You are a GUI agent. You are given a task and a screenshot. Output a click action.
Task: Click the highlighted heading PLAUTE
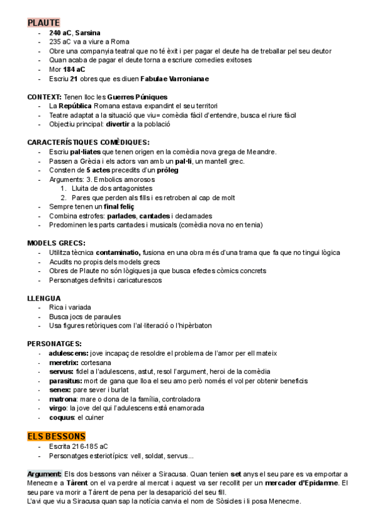pyautogui.click(x=44, y=22)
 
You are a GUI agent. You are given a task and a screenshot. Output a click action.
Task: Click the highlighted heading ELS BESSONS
pyautogui.click(x=56, y=436)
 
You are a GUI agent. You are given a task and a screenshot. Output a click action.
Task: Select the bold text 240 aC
pyautogui.click(x=61, y=32)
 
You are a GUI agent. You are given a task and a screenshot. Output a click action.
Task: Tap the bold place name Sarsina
pyautogui.click(x=88, y=32)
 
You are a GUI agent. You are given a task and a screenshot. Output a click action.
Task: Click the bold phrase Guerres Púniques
pyautogui.click(x=137, y=97)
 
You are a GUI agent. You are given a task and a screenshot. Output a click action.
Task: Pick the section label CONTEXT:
pyautogui.click(x=44, y=97)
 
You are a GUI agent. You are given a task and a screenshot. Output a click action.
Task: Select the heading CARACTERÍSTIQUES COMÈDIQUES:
pyautogui.click(x=88, y=142)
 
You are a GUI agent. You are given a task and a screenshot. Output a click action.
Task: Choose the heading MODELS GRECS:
pyautogui.click(x=57, y=242)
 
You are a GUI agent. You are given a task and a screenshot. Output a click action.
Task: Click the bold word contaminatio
pyautogui.click(x=123, y=252)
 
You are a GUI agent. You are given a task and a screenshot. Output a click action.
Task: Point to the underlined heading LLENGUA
pyautogui.click(x=44, y=298)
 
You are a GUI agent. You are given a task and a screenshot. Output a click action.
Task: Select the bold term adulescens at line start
pyautogui.click(x=69, y=353)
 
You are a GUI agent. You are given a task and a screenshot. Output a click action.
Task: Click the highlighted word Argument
pyautogui.click(x=44, y=474)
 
